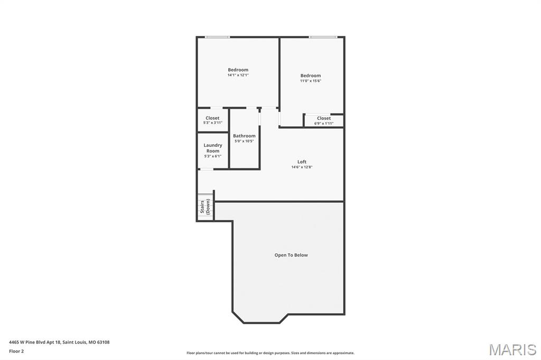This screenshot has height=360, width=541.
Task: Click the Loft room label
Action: pyautogui.click(x=302, y=162)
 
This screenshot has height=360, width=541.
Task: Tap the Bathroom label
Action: pyautogui.click(x=244, y=136)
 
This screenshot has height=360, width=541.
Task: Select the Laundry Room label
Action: pyautogui.click(x=213, y=148)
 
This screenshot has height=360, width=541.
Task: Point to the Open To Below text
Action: pyautogui.click(x=291, y=255)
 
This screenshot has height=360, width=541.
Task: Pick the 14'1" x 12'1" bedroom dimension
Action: pyautogui.click(x=238, y=75)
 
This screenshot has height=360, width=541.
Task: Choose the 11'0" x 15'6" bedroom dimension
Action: pyautogui.click(x=311, y=81)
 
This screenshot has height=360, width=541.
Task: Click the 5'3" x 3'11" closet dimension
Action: pyautogui.click(x=212, y=123)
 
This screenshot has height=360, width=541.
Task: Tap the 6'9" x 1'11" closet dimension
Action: pyautogui.click(x=324, y=124)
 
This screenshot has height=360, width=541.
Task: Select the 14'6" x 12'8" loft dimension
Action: pyautogui.click(x=302, y=167)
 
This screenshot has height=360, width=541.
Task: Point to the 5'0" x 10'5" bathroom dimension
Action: pyautogui.click(x=244, y=141)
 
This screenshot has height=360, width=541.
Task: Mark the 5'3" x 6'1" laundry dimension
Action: pyautogui.click(x=213, y=156)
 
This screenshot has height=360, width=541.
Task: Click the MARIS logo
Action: pyautogui.click(x=512, y=349)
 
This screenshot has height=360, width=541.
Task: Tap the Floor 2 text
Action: pyautogui.click(x=16, y=351)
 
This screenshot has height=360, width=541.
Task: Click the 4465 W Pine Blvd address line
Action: pyautogui.click(x=59, y=342)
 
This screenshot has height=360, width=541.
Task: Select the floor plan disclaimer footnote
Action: pyautogui.click(x=270, y=353)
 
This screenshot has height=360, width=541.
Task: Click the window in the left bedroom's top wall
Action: pyautogui.click(x=217, y=37)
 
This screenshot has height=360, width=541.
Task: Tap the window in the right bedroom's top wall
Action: pyautogui.click(x=323, y=37)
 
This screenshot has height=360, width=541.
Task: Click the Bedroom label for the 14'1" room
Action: pyautogui.click(x=238, y=70)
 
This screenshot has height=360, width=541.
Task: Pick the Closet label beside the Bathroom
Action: pyautogui.click(x=212, y=118)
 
